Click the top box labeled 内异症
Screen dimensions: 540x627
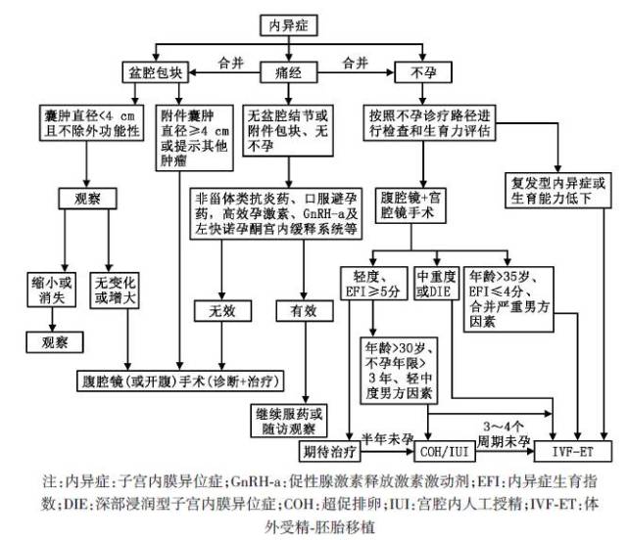coord(292,24)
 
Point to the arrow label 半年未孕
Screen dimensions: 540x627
coord(384,436)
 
